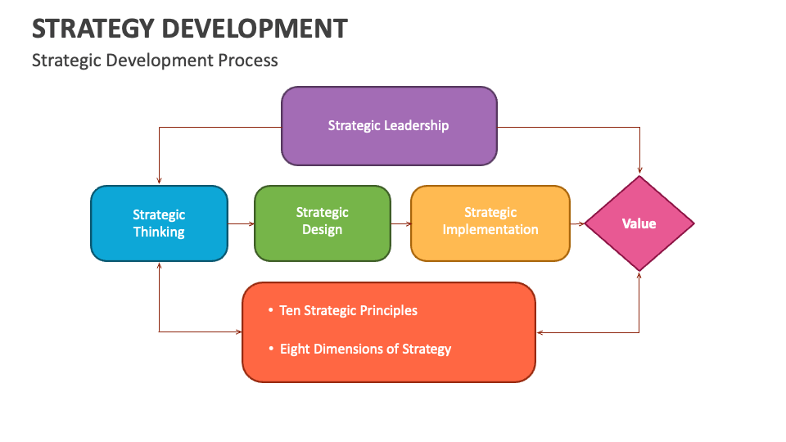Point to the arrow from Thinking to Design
click(241, 223)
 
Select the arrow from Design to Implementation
click(400, 223)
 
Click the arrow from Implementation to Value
click(577, 223)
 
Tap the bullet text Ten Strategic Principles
click(348, 310)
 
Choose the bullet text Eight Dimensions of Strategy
click(365, 349)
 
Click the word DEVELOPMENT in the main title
click(255, 29)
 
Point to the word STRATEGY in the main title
click(93, 29)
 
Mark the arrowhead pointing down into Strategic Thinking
click(159, 181)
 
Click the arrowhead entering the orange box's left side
click(238, 331)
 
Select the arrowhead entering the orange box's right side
click(540, 332)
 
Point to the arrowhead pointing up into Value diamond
click(639, 277)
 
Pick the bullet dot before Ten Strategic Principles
click(271, 310)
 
